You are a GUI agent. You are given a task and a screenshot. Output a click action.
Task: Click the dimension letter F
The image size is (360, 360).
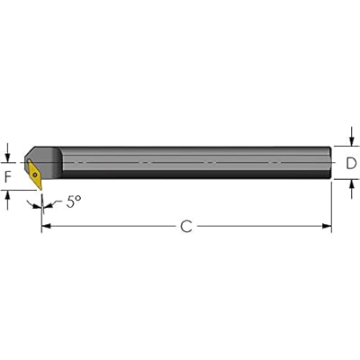click(x=8, y=176)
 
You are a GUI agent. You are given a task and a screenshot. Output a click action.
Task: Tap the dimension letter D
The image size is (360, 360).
click(x=351, y=163)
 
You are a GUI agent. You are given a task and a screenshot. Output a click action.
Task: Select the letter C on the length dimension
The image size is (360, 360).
click(x=186, y=226)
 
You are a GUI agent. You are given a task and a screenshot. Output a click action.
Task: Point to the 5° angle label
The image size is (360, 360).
click(x=74, y=202)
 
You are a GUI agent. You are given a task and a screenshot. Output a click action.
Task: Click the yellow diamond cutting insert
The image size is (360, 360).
click(x=34, y=175)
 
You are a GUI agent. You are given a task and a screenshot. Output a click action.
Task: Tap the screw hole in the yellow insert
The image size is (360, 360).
click(x=35, y=175)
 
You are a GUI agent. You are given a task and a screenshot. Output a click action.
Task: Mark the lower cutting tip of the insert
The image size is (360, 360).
click(x=40, y=190)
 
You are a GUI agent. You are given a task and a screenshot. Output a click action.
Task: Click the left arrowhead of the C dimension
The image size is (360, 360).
click(x=46, y=226)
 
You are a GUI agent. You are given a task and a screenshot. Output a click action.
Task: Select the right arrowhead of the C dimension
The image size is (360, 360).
click(x=327, y=226)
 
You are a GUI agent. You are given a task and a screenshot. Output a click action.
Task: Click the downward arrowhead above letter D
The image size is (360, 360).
click(x=351, y=141)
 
